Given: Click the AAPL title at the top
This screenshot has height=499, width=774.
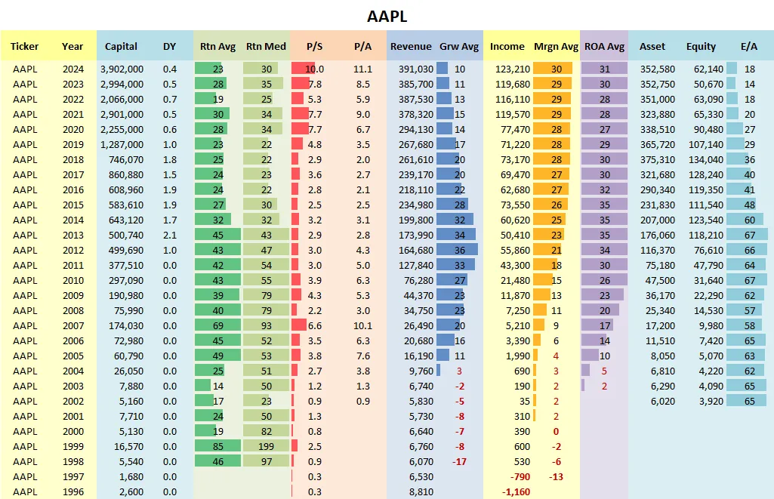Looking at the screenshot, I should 387,16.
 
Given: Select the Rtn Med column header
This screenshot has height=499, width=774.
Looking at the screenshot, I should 266,47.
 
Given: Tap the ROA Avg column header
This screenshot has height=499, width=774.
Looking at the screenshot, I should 604,47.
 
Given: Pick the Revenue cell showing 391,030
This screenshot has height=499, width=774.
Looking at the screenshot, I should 412,69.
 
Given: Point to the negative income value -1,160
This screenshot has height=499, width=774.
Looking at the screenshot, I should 516,492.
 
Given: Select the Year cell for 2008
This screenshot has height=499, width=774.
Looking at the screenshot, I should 72,310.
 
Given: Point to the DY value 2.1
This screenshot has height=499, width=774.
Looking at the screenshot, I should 170,235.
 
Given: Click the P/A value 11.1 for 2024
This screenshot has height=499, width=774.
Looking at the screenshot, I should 362,69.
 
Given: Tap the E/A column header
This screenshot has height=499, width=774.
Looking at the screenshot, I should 748,47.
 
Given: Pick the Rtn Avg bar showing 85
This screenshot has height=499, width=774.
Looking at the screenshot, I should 217,446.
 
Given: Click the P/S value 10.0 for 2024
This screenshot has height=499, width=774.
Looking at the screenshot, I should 315,69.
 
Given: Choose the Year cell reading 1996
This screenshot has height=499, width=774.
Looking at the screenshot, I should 72,492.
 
